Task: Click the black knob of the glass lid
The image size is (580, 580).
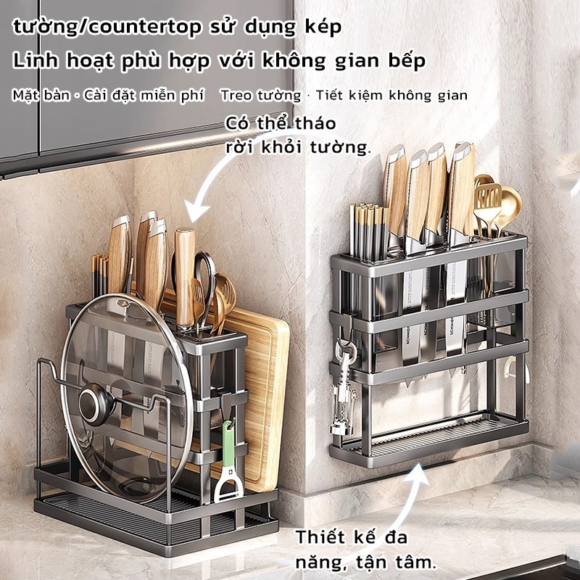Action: [x=96, y=403]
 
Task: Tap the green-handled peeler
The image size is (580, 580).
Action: [x=229, y=462]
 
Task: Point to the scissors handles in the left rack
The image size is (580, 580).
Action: [x=201, y=274]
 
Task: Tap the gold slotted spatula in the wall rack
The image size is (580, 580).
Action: [x=487, y=207]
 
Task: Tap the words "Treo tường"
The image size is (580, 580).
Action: [x=260, y=96]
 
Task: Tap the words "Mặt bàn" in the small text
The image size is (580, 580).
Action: [x=41, y=96]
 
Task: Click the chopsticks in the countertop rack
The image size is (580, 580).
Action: [x=99, y=275]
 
